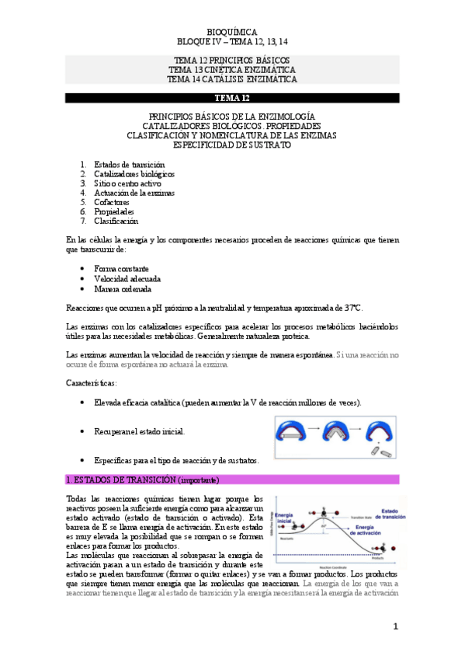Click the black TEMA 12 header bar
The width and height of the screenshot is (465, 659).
[x=232, y=98]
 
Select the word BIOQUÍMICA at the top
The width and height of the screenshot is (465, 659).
[x=232, y=31]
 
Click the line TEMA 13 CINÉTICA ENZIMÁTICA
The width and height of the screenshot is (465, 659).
[x=232, y=69]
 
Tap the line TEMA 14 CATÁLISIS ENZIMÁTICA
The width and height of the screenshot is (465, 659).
[x=232, y=78]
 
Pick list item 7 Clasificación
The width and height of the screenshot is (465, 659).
[x=116, y=221]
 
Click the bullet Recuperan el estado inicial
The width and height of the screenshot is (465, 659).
[x=139, y=431]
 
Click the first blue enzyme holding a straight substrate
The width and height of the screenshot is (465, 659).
[x=297, y=430]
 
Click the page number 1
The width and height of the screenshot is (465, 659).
[x=394, y=626]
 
